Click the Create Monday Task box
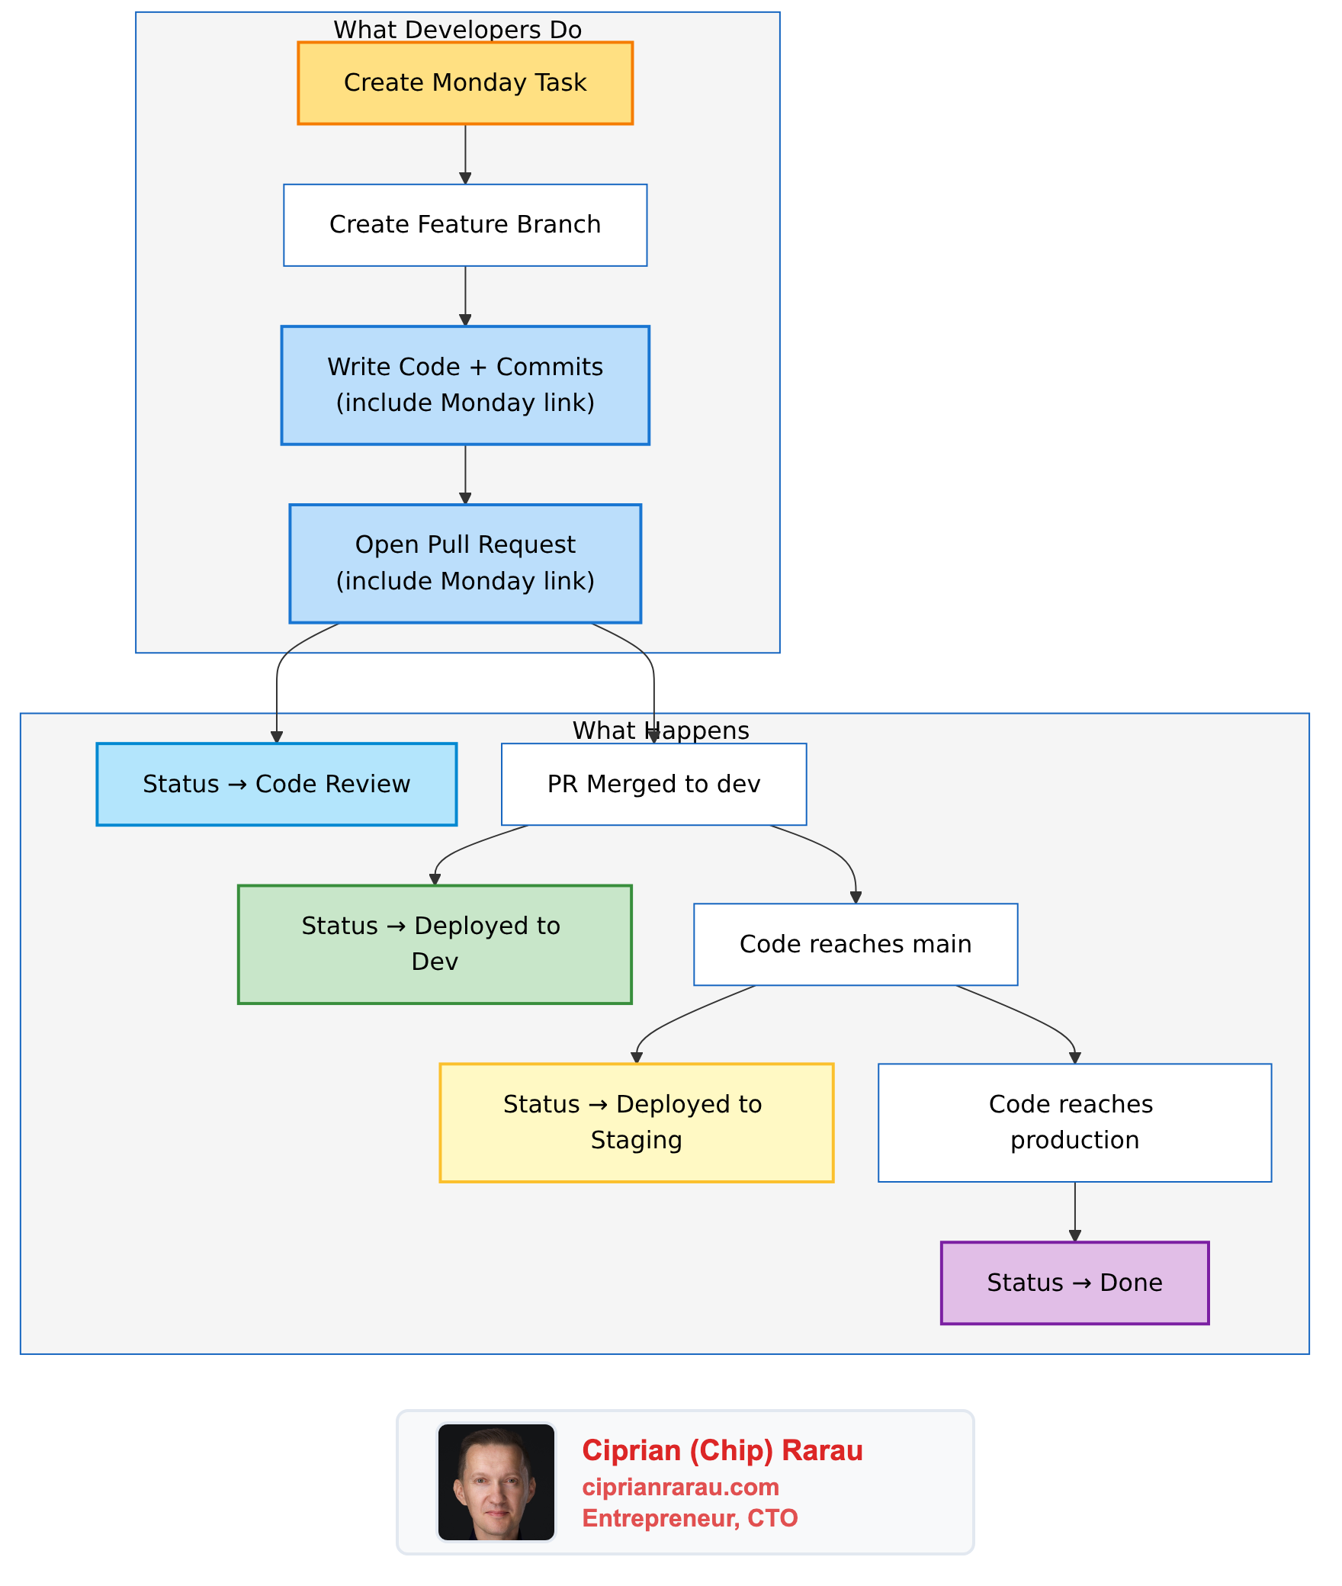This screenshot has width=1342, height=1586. (465, 83)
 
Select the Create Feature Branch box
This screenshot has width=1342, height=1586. (465, 225)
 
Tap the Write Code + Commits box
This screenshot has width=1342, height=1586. (465, 385)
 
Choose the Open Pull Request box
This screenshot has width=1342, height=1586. (465, 563)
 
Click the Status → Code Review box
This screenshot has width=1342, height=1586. (277, 784)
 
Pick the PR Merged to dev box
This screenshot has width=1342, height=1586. (653, 784)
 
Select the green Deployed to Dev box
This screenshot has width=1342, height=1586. (435, 944)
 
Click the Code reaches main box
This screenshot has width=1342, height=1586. (856, 944)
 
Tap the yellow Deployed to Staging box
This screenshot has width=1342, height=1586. (637, 1122)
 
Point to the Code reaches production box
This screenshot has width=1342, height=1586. (1074, 1122)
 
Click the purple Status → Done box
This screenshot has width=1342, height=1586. (1074, 1283)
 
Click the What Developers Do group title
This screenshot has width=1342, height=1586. (457, 30)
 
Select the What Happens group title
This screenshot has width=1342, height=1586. (661, 730)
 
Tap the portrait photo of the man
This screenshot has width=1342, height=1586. (496, 1482)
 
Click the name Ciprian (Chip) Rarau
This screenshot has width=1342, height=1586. (722, 1450)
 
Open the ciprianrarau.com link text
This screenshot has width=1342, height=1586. (680, 1487)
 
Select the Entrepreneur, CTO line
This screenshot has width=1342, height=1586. (689, 1518)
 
